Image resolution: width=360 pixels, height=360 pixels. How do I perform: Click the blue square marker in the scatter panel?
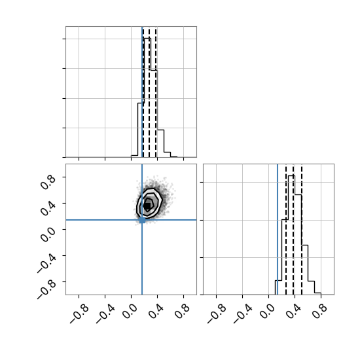[x=142, y=220]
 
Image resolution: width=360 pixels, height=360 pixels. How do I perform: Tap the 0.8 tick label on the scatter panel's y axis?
[x=48, y=182]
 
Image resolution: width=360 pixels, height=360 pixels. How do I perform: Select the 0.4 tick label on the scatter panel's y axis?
[x=48, y=208]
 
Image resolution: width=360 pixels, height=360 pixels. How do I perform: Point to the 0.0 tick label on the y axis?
[x=48, y=234]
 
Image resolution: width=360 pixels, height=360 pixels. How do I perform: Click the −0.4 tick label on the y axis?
[x=46, y=264]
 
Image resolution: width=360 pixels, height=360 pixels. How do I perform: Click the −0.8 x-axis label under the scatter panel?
[x=79, y=314]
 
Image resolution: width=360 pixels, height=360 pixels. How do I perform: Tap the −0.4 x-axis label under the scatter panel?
[x=105, y=314]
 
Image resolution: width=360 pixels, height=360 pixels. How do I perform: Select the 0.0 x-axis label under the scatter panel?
[x=130, y=312]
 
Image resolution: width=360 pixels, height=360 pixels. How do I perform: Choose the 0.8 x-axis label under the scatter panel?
[x=183, y=312]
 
